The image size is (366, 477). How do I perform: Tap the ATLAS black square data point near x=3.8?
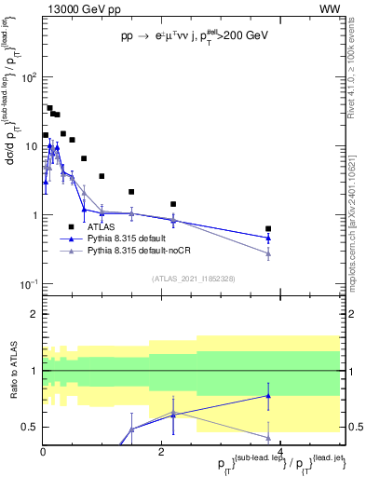point(268,228)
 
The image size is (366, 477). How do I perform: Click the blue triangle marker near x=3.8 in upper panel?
point(268,238)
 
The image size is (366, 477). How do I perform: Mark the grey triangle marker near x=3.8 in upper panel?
point(268,253)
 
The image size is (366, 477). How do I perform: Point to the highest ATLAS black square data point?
point(49,108)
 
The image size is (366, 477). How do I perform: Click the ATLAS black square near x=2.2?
point(173,204)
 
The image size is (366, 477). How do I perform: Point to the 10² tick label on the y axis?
point(27,77)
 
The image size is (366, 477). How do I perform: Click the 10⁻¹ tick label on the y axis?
point(27,284)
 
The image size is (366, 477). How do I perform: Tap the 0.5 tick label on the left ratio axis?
point(29,428)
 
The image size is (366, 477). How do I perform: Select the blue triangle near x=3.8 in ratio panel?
point(268,395)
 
